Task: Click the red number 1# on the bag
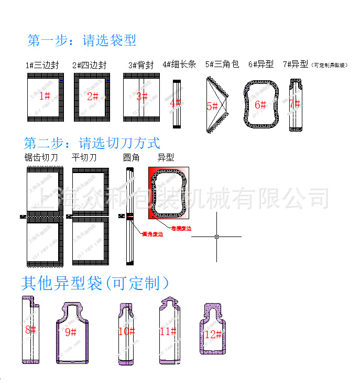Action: click(x=45, y=96)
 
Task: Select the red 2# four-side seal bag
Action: click(x=92, y=96)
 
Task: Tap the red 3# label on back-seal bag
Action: click(x=141, y=96)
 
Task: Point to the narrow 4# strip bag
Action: click(x=176, y=103)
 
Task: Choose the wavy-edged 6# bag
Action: click(x=260, y=104)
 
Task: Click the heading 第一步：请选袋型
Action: click(x=82, y=40)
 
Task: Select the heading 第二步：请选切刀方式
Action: click(x=92, y=143)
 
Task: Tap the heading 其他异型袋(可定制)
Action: click(x=95, y=284)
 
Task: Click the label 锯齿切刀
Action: click(x=41, y=157)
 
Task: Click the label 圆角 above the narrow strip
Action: click(x=131, y=157)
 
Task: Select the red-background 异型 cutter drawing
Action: click(x=169, y=194)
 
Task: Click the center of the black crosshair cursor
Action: click(x=216, y=236)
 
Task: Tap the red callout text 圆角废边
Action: click(x=152, y=234)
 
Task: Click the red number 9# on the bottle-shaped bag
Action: click(x=71, y=332)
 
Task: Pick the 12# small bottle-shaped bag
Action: click(x=213, y=328)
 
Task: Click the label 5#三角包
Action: click(x=222, y=64)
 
